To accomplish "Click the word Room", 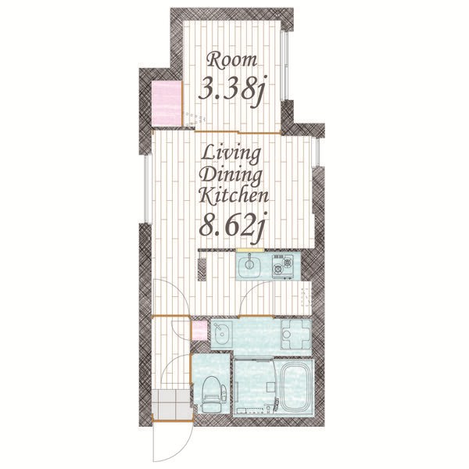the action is tap(232, 60).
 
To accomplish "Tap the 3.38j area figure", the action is tap(232, 89).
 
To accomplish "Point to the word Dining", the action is tap(231, 176).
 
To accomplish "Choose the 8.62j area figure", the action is tap(232, 227).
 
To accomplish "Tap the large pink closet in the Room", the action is tap(167, 103).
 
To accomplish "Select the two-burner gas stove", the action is tap(282, 267).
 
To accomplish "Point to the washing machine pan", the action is tap(295, 334).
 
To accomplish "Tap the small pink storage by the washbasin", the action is tap(199, 331).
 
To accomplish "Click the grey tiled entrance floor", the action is tap(171, 405).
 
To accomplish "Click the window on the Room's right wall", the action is tap(285, 65).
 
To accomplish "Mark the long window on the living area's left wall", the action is tap(147, 189).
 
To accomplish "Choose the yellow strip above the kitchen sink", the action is tap(249, 250).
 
